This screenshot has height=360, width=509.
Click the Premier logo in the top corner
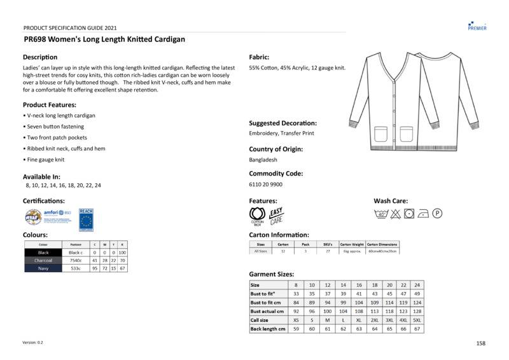(x=477, y=25)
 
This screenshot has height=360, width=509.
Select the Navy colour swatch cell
(x=43, y=268)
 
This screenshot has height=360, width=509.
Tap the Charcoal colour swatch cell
(x=43, y=260)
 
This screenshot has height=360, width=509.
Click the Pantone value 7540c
(x=76, y=260)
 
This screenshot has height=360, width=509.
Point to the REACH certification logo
(x=86, y=219)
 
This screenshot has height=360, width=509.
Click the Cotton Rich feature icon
(x=257, y=216)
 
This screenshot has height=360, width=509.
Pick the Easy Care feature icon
(x=277, y=216)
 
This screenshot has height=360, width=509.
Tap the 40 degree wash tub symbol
(x=382, y=213)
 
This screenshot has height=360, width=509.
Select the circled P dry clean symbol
(x=438, y=213)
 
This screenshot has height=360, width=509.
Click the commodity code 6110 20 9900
(x=265, y=184)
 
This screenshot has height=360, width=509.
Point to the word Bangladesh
(x=263, y=160)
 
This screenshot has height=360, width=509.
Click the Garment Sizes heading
(x=272, y=274)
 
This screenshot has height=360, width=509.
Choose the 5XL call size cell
(x=417, y=320)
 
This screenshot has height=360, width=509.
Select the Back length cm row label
(x=268, y=329)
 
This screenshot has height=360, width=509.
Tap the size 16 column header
(x=359, y=285)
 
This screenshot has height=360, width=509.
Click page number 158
(x=480, y=343)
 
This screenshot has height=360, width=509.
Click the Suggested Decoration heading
(x=282, y=123)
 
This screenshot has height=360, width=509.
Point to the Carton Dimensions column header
(x=382, y=244)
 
